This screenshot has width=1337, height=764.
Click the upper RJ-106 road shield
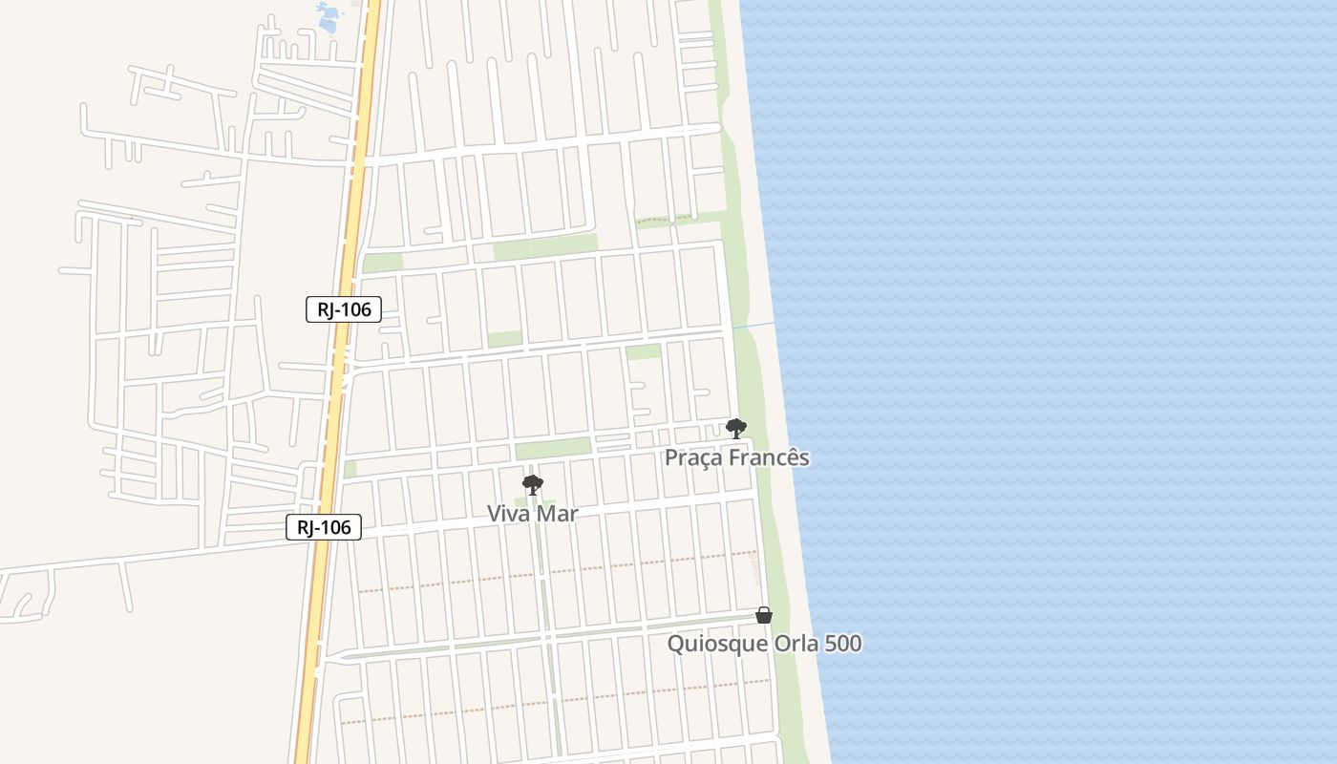tap(344, 309)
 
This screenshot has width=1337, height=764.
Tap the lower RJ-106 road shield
tap(324, 527)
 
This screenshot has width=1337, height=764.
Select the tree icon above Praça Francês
tap(735, 428)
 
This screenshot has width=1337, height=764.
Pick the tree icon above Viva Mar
tap(533, 485)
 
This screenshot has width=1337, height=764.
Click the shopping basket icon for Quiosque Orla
tap(763, 615)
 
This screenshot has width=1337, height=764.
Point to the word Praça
tap(693, 458)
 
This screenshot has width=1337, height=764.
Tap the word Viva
tap(508, 514)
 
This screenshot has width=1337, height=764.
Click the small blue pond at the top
tap(328, 16)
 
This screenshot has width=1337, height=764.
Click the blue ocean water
tap(1050, 382)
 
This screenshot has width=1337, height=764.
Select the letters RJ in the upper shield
tap(329, 309)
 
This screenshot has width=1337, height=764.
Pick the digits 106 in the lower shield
tap(336, 527)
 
